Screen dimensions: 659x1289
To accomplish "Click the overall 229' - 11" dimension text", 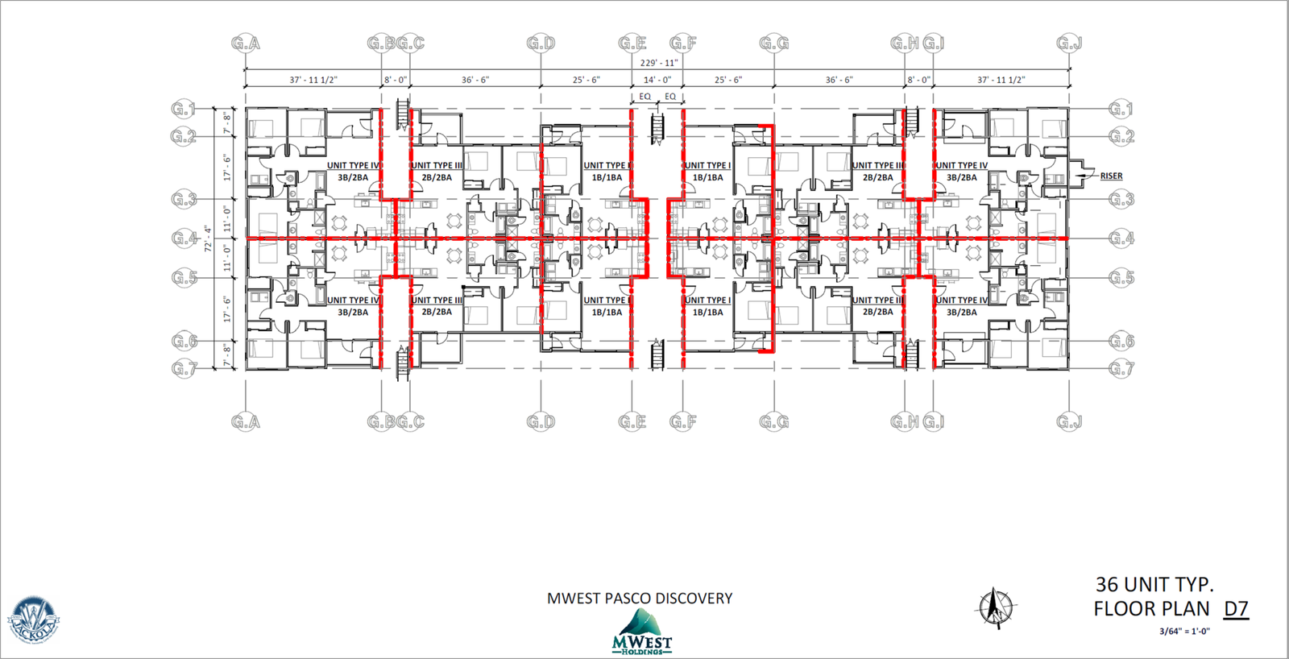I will [658, 63].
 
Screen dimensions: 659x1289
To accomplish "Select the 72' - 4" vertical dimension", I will [208, 238].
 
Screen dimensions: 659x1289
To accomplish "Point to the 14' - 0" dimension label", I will [657, 80].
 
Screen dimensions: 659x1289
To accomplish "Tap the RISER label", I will [1111, 176].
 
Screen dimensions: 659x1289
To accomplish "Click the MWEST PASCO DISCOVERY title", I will [640, 599].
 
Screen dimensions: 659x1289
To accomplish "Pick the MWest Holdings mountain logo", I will [641, 632].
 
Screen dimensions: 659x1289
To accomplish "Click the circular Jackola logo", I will [33, 620].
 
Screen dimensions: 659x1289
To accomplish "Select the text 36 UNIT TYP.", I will [1154, 584].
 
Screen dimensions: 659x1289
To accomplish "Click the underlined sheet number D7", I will [1236, 609].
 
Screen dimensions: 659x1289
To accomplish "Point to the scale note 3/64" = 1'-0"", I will [1184, 632].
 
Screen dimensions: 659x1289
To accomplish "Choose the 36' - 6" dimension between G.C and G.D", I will [475, 80].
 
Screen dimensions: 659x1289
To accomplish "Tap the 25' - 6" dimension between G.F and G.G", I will [728, 80].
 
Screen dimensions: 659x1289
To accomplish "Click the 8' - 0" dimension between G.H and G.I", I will [918, 80].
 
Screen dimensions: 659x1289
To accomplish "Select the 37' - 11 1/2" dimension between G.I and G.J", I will [1001, 80].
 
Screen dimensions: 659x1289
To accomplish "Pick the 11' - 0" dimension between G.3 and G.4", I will [227, 219].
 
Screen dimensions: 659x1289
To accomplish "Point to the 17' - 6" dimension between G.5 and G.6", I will [227, 309].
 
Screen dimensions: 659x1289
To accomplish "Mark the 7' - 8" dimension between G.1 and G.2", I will [227, 122].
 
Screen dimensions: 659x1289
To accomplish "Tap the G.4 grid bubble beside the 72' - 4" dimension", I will [184, 238].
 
